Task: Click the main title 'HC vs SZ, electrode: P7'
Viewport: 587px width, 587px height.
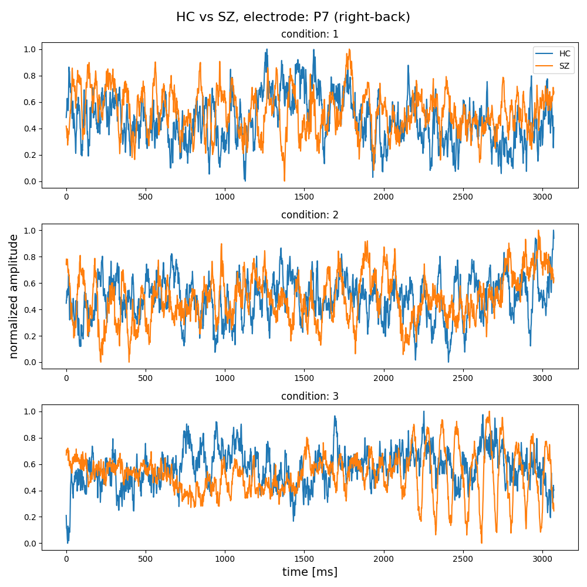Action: [293, 17]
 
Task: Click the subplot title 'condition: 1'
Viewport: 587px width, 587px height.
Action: [309, 34]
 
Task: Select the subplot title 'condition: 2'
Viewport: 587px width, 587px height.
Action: [309, 215]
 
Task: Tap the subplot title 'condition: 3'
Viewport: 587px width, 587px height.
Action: [309, 396]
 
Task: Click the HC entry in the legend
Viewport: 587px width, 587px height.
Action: [564, 53]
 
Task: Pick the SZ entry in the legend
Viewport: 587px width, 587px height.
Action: [564, 66]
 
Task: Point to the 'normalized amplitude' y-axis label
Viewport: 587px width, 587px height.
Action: [14, 296]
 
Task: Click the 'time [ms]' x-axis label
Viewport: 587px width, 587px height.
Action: [309, 572]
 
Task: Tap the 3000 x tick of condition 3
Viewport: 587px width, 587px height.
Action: [542, 557]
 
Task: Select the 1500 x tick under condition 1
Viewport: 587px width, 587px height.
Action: [304, 195]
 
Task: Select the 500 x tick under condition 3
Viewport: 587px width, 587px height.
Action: [146, 557]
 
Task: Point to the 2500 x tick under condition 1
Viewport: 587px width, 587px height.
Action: [463, 195]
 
